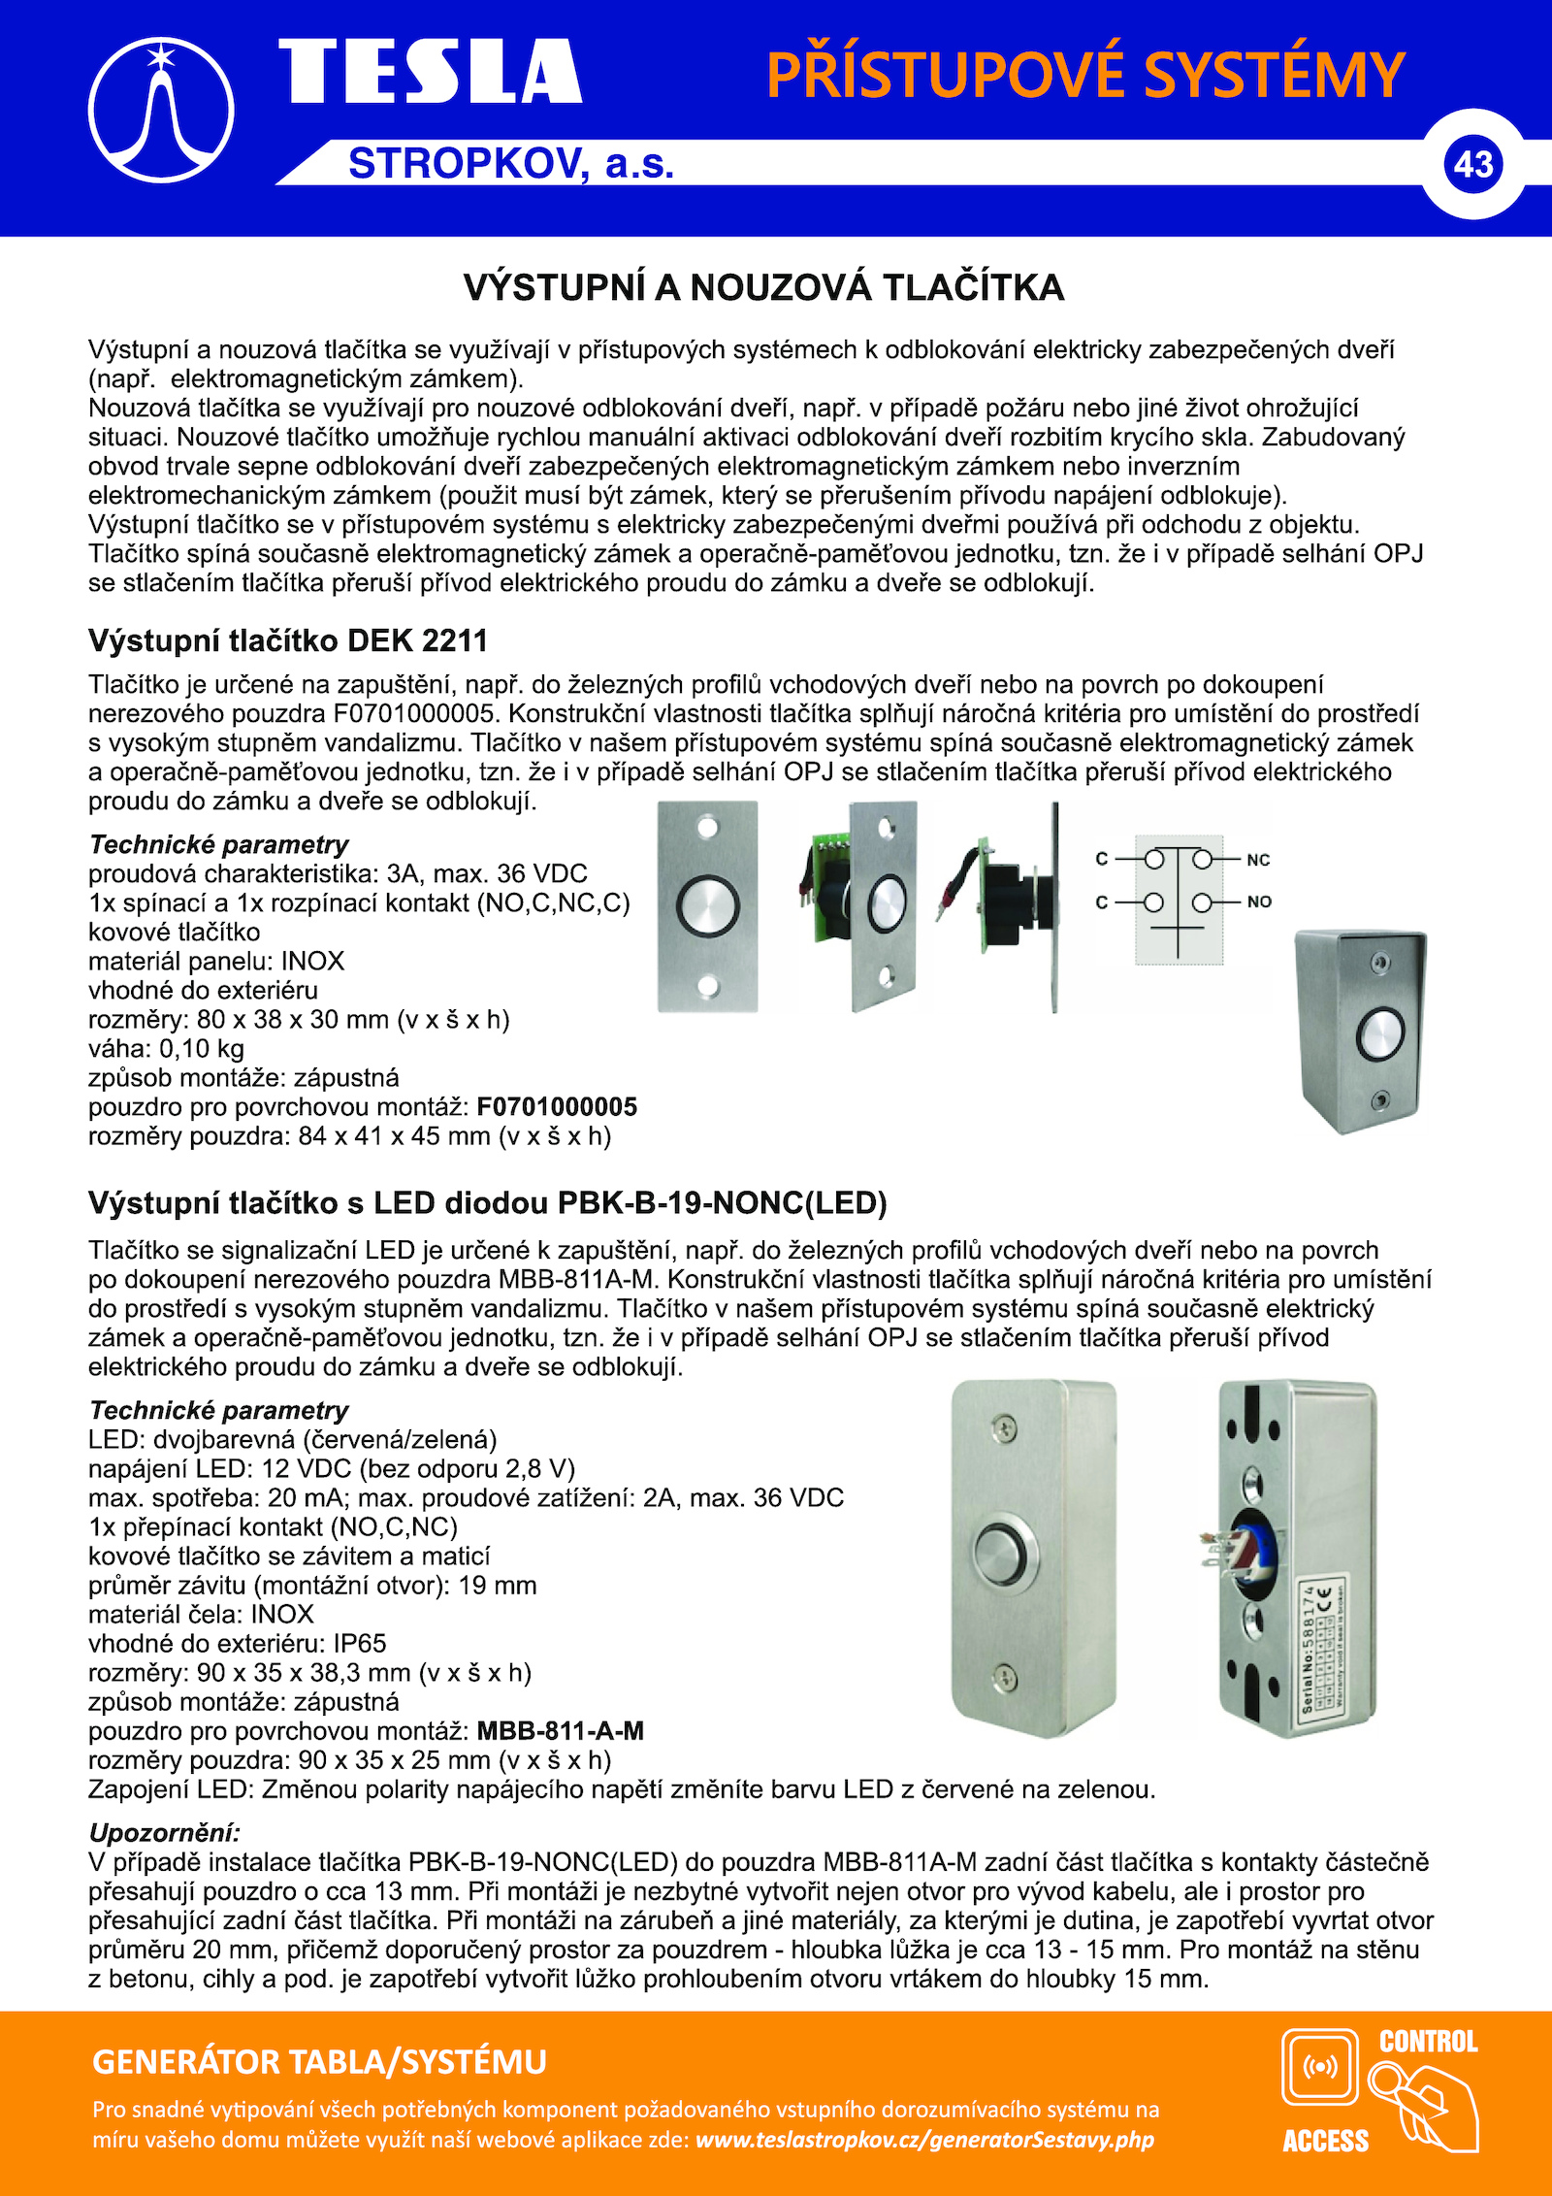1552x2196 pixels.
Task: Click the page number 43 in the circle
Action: pos(1472,164)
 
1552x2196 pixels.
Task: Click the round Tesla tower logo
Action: pos(161,111)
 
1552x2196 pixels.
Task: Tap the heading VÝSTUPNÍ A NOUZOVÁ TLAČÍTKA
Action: pos(763,288)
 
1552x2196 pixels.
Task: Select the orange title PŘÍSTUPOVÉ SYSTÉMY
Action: pos(1085,75)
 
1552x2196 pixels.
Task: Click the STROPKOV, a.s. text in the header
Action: pos(511,164)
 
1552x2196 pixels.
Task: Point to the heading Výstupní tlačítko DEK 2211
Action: pos(287,640)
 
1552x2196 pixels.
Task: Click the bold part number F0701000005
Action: pos(557,1106)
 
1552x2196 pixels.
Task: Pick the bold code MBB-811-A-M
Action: pos(560,1730)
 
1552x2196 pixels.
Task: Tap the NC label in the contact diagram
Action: pos(1258,860)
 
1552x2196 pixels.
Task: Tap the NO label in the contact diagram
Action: pos(1259,901)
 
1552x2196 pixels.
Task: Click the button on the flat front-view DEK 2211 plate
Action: pos(708,905)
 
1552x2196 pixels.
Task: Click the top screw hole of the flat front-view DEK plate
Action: pos(708,828)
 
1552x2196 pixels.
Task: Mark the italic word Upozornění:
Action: pos(164,1832)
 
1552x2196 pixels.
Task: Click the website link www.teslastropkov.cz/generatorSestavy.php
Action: pos(924,2139)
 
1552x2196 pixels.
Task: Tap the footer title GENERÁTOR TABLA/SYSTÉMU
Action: pos(319,2061)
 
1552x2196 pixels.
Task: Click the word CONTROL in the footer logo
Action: pos(1428,2042)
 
